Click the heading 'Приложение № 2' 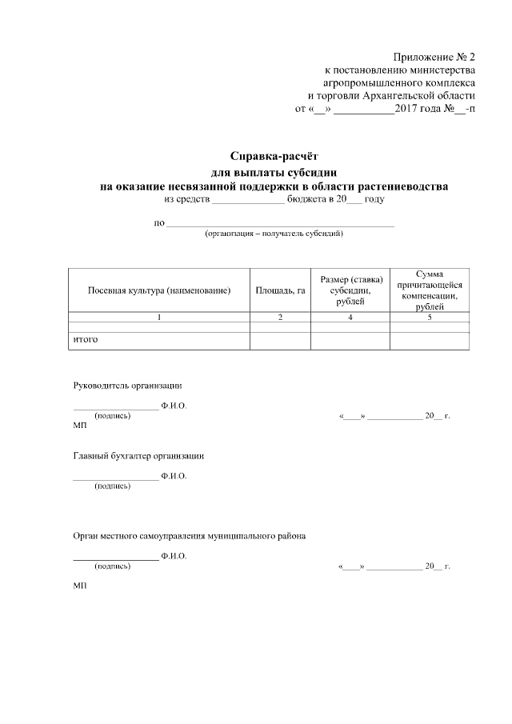point(434,57)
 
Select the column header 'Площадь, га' point(280,290)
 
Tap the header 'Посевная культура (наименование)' point(159,290)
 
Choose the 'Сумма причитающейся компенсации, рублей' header point(430,290)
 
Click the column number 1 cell point(159,318)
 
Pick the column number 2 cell point(280,318)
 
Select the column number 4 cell point(350,318)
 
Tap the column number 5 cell point(430,318)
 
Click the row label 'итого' point(86,340)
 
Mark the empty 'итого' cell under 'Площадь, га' point(280,341)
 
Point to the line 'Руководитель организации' point(128,386)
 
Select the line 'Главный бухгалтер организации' point(138,456)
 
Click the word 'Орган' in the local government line point(86,536)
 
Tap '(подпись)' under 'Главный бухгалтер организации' point(113,486)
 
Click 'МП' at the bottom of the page point(79,586)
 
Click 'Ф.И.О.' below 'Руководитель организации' point(174,406)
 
